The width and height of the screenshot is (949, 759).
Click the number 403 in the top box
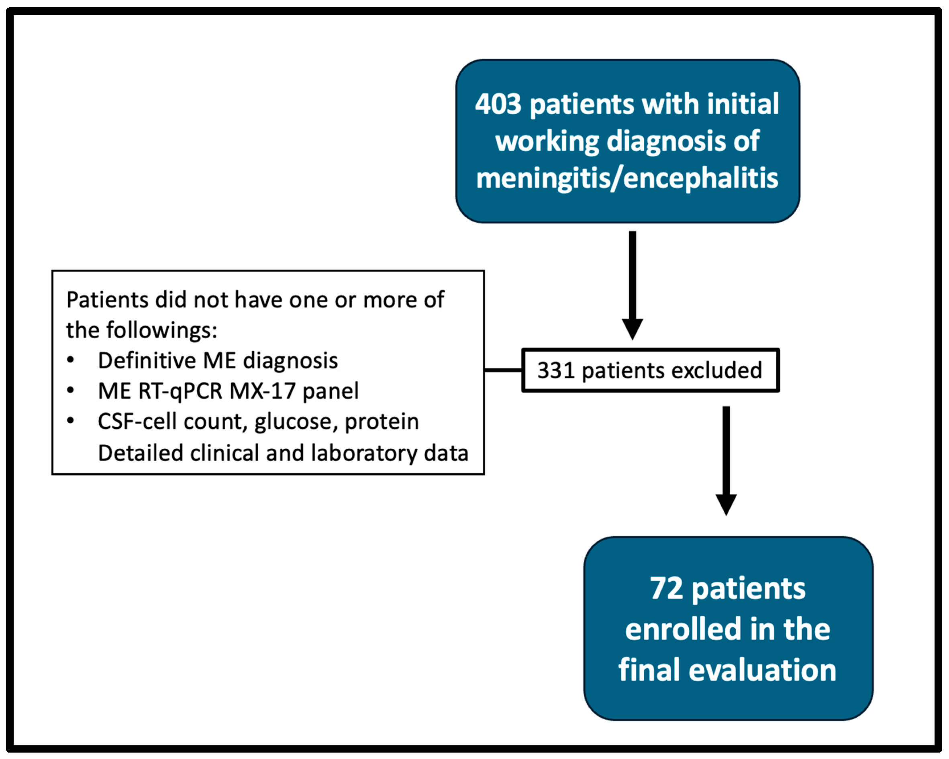(x=498, y=104)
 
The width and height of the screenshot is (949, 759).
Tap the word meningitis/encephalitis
(x=627, y=178)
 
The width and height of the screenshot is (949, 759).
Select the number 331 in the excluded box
(x=556, y=370)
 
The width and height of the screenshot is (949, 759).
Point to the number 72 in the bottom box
(x=666, y=589)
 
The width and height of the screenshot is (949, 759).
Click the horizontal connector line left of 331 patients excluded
(x=503, y=370)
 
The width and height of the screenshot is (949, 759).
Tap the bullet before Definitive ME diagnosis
(x=70, y=360)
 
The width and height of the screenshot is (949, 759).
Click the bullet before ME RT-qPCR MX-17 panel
(x=70, y=390)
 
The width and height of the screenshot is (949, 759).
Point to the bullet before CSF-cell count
(x=70, y=421)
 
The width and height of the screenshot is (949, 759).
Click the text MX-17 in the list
(x=262, y=391)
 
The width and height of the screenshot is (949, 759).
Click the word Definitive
(x=147, y=360)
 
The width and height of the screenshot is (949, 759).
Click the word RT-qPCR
(x=180, y=391)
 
